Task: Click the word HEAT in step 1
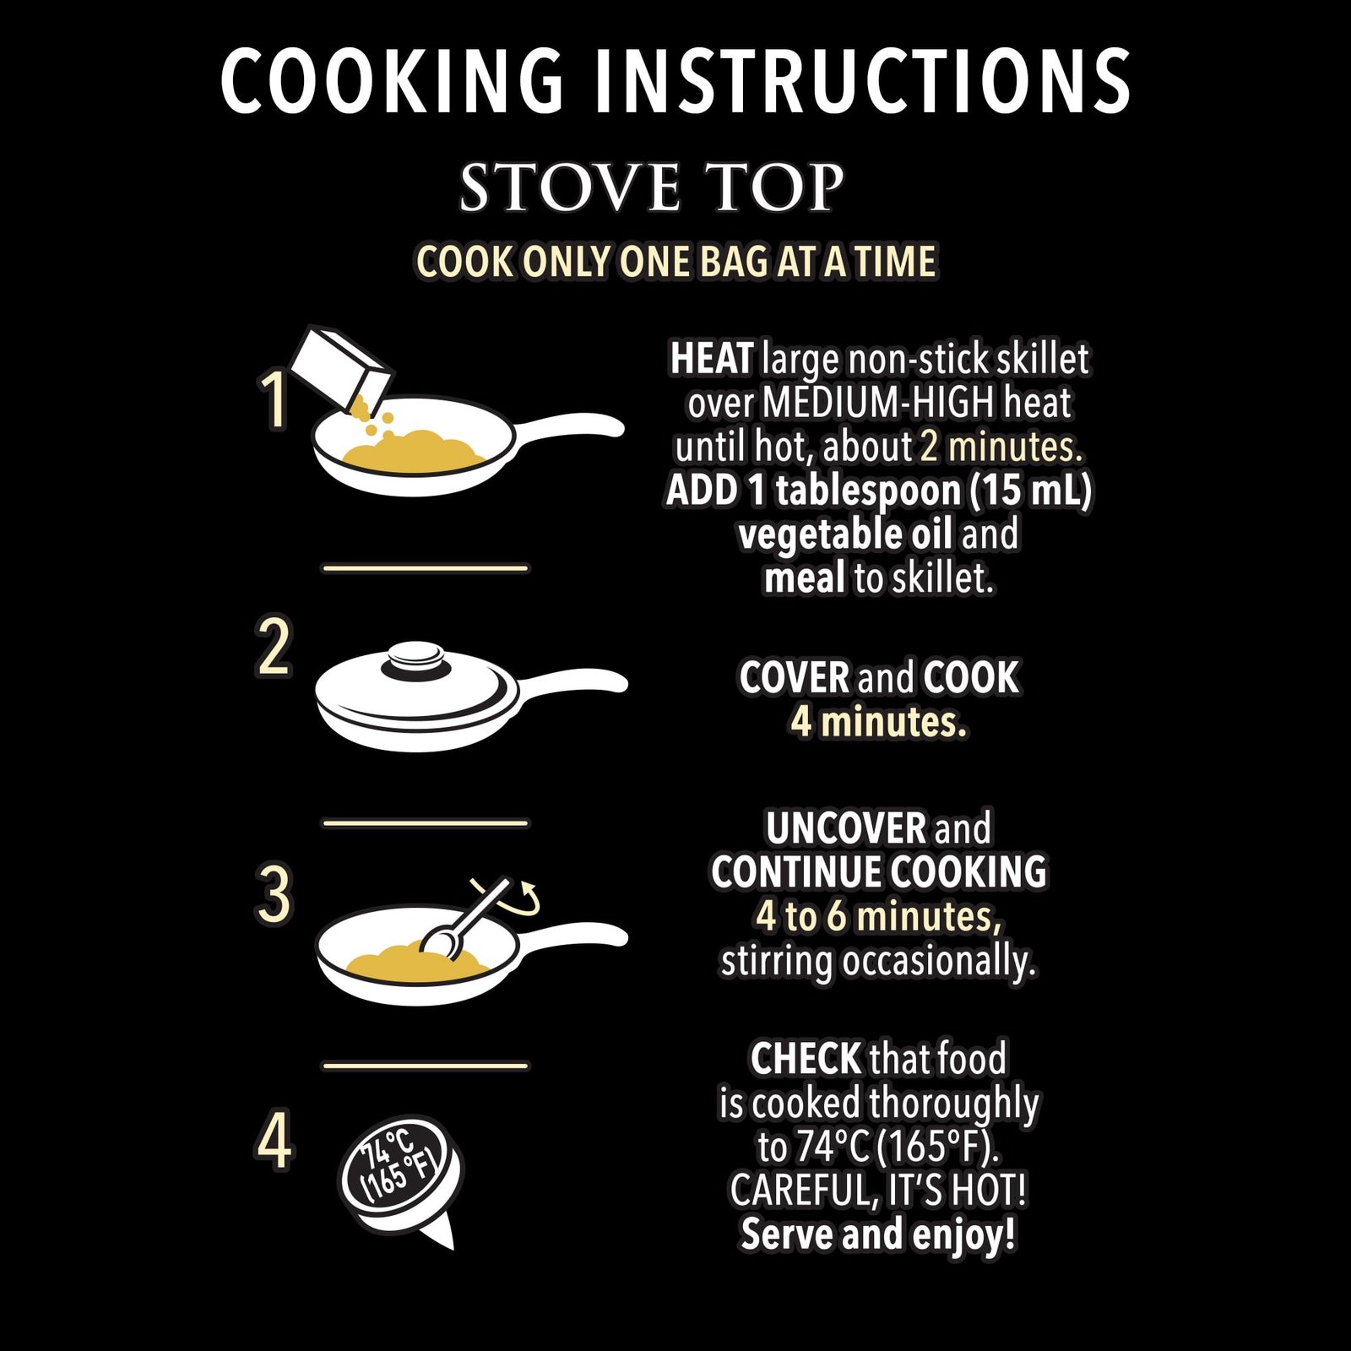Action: pos(711,360)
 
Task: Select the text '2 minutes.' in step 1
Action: pos(1001,448)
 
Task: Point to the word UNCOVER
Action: pos(835,829)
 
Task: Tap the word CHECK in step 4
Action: pos(806,1059)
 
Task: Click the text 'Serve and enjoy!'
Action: pos(878,1234)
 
